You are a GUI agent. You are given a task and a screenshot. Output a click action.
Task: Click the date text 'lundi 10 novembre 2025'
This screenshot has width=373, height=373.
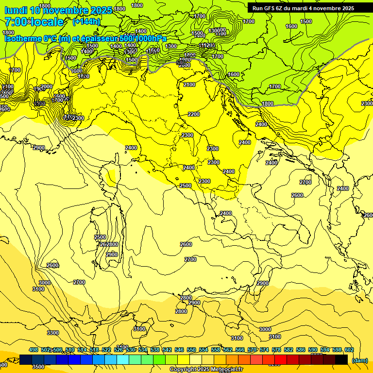coord(58,10)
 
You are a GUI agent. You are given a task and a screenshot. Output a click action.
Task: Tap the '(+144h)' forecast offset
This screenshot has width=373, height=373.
coord(86,21)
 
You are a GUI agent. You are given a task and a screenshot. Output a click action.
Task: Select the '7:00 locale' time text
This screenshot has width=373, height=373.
coord(34,22)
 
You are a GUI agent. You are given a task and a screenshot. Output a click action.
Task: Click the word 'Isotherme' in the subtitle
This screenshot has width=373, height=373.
coord(22,38)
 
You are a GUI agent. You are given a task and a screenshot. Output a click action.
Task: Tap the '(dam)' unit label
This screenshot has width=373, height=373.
coord(359,360)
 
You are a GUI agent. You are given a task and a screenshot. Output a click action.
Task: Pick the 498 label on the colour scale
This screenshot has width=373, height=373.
coord(34,350)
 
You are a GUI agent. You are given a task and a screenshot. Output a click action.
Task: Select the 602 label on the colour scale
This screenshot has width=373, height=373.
coord(349,350)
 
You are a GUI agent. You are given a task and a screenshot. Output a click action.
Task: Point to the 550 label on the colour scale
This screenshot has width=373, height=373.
coord(192,350)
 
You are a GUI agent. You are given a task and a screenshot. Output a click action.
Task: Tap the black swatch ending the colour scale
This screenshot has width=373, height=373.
coord(341,359)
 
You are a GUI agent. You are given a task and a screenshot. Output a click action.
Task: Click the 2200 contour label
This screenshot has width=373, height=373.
coord(194,114)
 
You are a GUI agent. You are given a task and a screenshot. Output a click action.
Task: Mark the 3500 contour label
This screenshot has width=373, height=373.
coord(38,367)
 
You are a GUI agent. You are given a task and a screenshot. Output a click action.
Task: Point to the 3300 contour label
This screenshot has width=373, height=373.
coord(53,333)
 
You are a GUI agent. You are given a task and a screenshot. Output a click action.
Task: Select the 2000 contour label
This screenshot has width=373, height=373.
coord(47,86)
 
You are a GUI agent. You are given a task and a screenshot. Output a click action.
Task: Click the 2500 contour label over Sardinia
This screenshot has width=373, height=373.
coord(100,237)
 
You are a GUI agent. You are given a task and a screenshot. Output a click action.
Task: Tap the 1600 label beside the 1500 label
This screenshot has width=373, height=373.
coord(291,26)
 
